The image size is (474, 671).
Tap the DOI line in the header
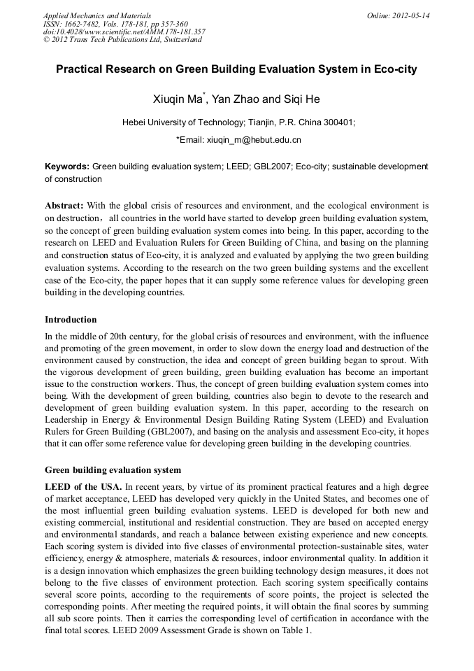[124, 31]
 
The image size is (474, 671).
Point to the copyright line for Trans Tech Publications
[122, 40]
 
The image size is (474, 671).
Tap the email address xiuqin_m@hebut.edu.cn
[254, 140]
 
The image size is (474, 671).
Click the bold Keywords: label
[67, 167]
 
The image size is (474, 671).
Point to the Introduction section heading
[71, 320]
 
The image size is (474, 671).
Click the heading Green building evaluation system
[113, 470]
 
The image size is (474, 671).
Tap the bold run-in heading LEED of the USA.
[83, 486]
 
